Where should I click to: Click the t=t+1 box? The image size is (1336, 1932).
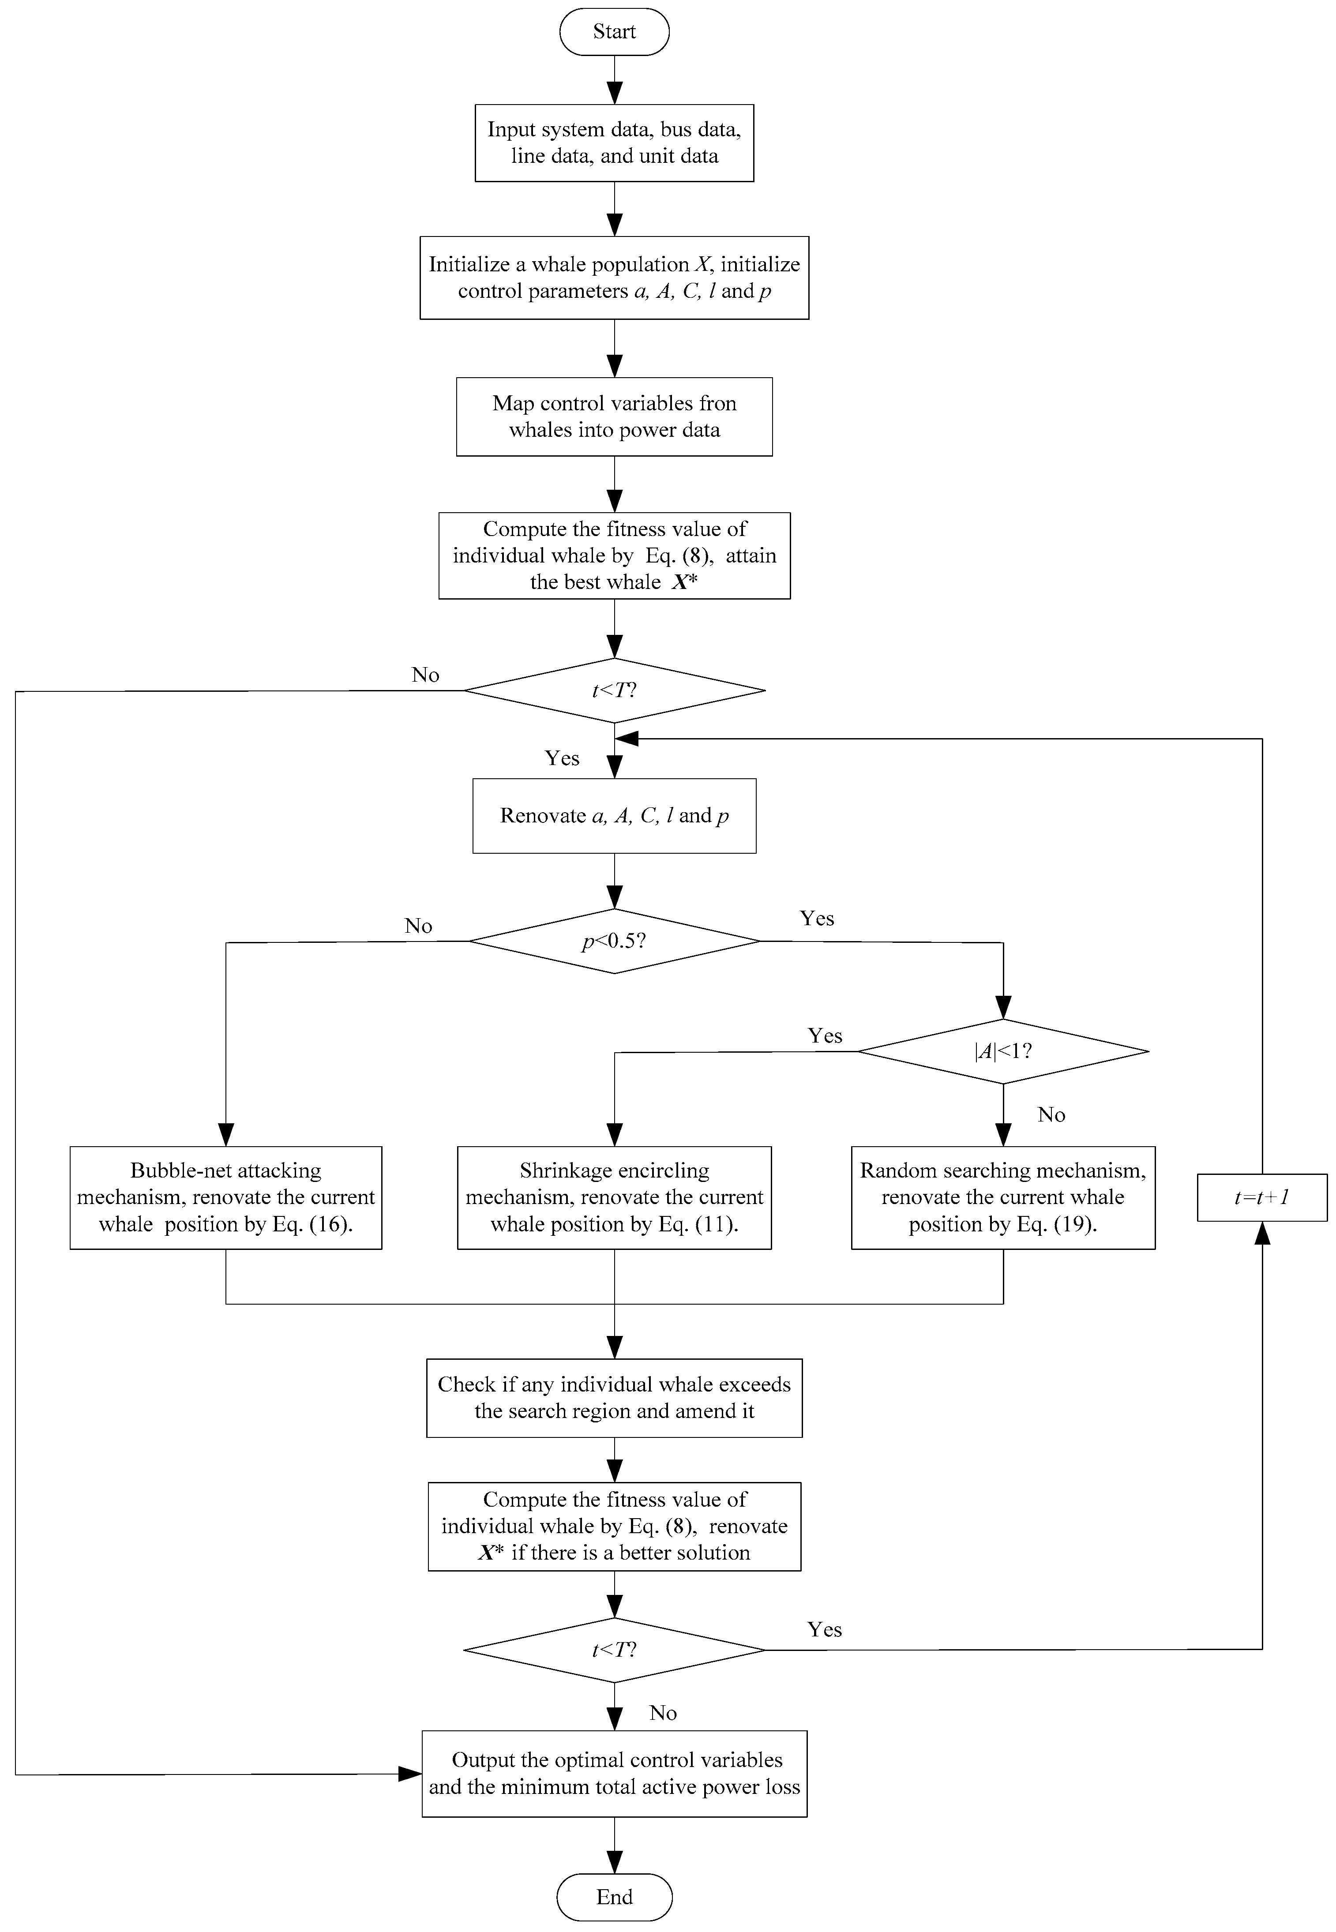1261,1197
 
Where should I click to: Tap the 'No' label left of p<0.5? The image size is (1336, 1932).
418,926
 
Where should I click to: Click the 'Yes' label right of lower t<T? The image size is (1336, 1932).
825,1629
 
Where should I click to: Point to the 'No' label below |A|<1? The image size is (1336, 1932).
1051,1114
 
